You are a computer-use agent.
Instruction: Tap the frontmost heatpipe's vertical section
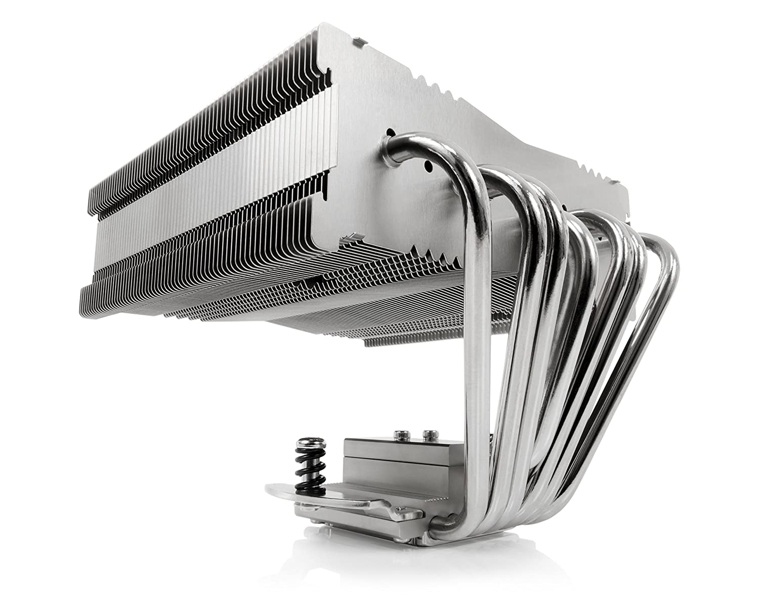click(478, 380)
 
